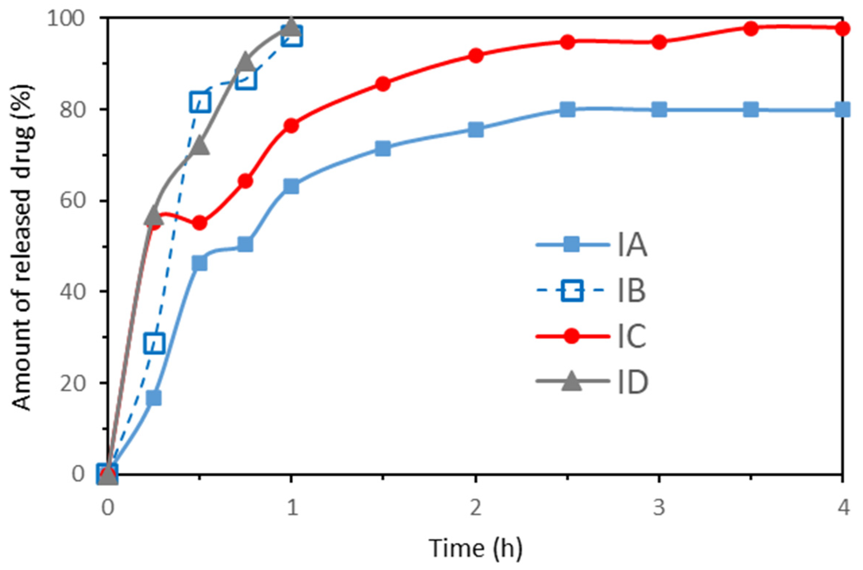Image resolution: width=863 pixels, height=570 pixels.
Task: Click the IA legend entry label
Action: [x=632, y=245]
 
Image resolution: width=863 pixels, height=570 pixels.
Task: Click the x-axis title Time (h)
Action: [x=475, y=548]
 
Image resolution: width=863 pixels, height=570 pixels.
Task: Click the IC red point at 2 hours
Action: [x=476, y=56]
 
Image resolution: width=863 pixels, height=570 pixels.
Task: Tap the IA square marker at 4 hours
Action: [x=842, y=110]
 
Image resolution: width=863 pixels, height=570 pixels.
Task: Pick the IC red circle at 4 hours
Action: [x=842, y=28]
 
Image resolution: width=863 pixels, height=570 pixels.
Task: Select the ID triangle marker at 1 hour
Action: [x=291, y=26]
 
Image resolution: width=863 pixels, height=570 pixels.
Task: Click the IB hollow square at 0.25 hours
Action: [x=154, y=343]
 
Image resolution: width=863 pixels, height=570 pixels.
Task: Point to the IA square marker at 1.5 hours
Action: [x=383, y=148]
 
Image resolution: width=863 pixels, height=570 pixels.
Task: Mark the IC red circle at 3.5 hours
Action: [x=750, y=28]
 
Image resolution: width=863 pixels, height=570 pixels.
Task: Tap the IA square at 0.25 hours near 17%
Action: [x=154, y=398]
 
